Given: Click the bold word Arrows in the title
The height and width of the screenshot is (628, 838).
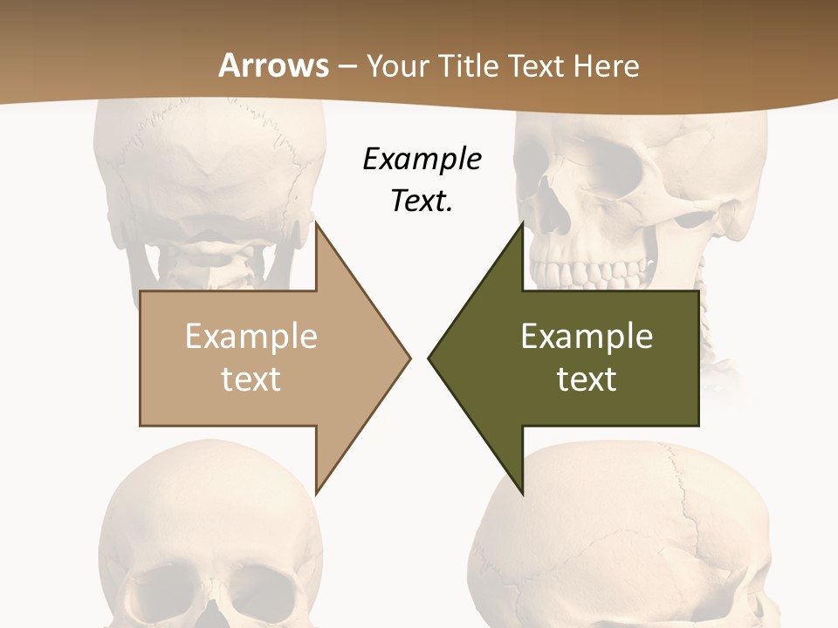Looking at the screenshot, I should tap(272, 65).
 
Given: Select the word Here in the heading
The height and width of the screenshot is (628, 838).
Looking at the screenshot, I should tap(607, 65).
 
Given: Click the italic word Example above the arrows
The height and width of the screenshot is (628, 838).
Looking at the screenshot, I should tap(422, 159).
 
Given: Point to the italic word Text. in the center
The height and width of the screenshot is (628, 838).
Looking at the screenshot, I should tap(422, 201).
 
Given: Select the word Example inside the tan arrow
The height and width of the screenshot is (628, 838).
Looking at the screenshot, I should tap(251, 336).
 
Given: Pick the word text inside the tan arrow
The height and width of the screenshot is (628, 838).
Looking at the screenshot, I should tap(251, 379).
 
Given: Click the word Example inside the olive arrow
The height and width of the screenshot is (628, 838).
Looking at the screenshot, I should tap(587, 336).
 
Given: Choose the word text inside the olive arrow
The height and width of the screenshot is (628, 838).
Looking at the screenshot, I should tap(587, 379).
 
